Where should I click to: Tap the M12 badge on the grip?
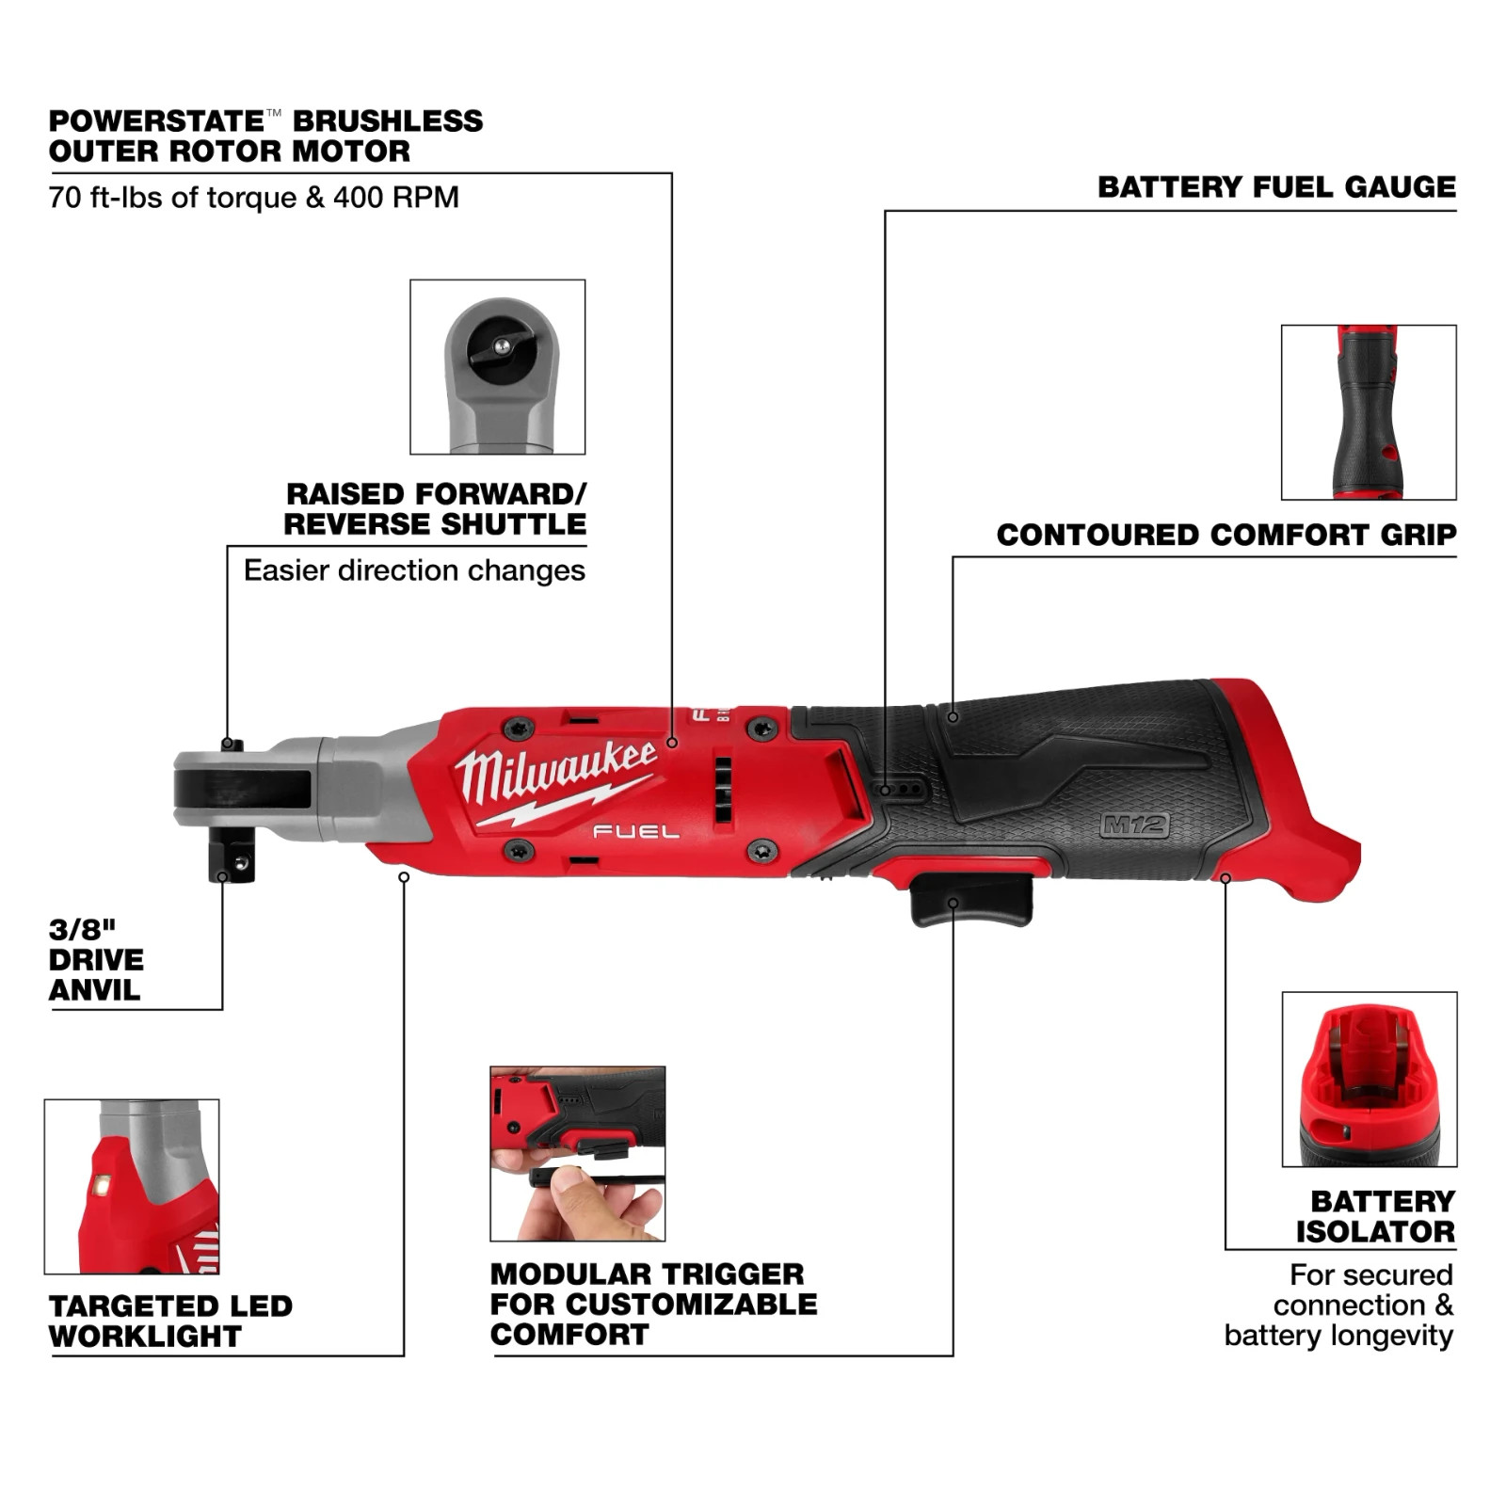(1135, 826)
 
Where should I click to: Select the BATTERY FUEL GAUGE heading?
(1276, 187)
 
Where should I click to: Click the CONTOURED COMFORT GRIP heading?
(1226, 536)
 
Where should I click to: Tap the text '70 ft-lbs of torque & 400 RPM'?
(254, 198)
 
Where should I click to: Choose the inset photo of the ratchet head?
(497, 366)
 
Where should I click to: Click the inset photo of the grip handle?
(1368, 412)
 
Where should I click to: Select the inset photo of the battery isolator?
(1369, 1079)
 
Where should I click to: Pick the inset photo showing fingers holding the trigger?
(577, 1153)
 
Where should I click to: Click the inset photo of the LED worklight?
(132, 1186)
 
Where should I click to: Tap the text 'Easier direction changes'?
(414, 570)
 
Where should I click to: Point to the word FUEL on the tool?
(635, 831)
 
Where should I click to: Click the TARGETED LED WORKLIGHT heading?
(170, 1321)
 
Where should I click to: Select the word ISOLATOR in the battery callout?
(1375, 1231)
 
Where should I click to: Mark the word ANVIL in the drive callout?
(94, 990)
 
